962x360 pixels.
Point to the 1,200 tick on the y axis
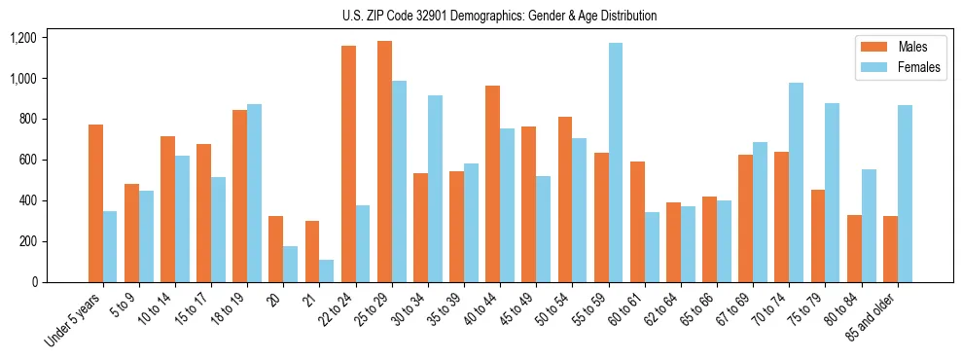22,38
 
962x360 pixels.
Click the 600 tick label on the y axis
27,160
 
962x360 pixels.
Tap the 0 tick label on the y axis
35,282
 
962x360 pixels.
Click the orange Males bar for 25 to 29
384,162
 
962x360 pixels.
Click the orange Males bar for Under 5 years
95,203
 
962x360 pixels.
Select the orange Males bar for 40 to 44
493,184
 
